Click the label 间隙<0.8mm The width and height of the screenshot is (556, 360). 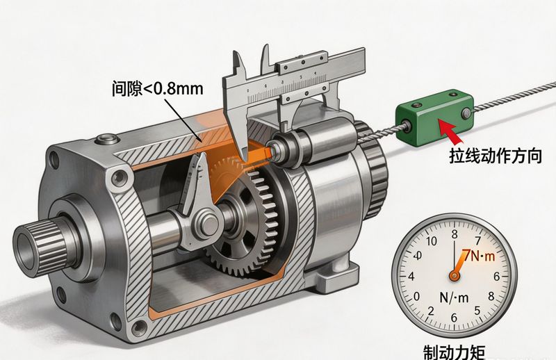(158, 89)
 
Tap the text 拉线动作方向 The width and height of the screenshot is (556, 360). (496, 156)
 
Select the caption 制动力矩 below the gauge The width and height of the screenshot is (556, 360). (455, 352)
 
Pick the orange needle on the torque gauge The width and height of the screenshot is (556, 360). (459, 265)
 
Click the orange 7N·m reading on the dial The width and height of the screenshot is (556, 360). (478, 256)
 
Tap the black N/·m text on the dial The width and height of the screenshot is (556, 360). (454, 297)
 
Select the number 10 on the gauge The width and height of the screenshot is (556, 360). (431, 242)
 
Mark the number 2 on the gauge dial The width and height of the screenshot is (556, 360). (430, 311)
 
